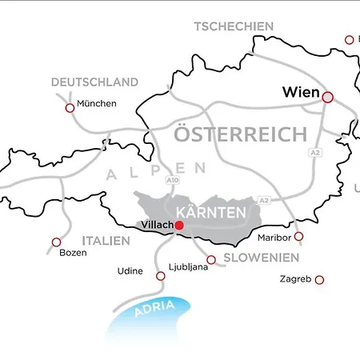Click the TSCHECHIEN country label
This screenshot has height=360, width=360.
tap(234, 26)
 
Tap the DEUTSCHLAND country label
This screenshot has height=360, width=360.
tap(94, 82)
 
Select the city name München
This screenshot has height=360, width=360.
tap(97, 103)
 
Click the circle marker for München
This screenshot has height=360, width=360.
tap(70, 107)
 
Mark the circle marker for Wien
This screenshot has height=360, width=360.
tap(328, 96)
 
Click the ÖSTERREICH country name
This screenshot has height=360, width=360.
tap(241, 134)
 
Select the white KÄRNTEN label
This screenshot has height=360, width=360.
tap(218, 214)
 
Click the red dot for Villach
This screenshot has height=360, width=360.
tap(179, 226)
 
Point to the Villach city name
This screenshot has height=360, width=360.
tap(156, 226)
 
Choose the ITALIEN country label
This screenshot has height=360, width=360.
tap(105, 240)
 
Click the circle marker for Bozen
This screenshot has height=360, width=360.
tap(56, 242)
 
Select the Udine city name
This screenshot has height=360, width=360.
tap(130, 271)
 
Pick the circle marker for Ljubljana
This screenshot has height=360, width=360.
tap(211, 258)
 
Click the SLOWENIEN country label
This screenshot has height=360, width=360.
tap(261, 258)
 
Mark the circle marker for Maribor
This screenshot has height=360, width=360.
tap(298, 236)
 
